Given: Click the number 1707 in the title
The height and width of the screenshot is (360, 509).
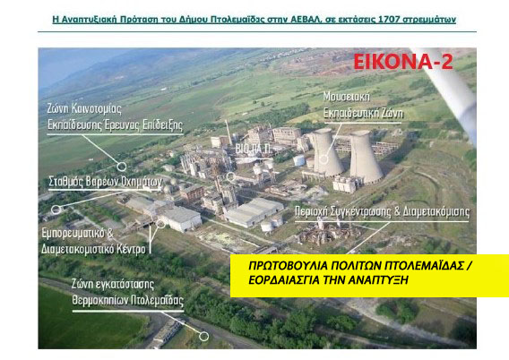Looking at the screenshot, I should pyautogui.click(x=397, y=18).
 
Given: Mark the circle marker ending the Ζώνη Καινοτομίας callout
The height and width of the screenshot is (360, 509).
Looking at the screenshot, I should pyautogui.click(x=122, y=165).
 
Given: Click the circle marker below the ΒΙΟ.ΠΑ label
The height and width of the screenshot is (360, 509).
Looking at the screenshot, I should pyautogui.click(x=231, y=176).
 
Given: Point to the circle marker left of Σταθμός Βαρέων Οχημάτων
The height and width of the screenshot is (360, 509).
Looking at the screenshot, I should pyautogui.click(x=56, y=209).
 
